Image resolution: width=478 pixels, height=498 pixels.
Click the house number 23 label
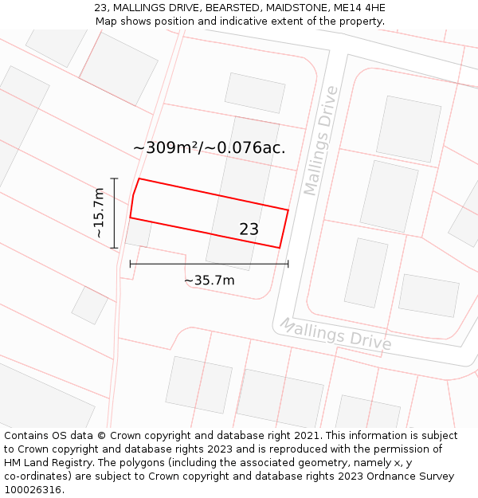(x=249, y=229)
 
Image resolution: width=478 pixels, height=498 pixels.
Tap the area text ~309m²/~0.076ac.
(x=209, y=147)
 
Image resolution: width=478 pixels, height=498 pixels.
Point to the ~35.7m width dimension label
(x=210, y=280)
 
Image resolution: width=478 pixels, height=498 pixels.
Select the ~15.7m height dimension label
(x=99, y=213)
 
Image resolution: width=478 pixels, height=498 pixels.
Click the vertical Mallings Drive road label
(x=321, y=140)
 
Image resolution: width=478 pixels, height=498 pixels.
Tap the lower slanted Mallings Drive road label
(x=335, y=334)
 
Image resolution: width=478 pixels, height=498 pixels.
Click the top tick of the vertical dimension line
(x=114, y=178)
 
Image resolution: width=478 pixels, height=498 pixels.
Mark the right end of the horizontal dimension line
(x=288, y=263)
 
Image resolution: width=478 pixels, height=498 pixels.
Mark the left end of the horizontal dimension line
(x=130, y=263)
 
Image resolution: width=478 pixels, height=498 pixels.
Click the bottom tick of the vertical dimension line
(x=114, y=248)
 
